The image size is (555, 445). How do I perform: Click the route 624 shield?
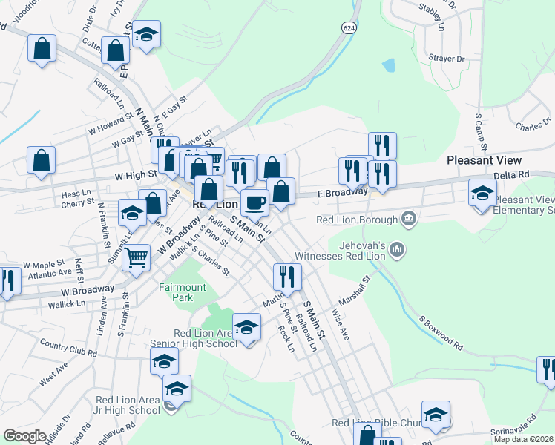point(349,27)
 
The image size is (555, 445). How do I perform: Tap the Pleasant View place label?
point(484,160)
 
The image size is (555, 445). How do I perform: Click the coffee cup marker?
point(254,202)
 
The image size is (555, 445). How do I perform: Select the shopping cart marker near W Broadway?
point(136,259)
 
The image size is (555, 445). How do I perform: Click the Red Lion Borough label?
point(357,220)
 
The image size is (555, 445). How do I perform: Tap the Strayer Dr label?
point(446,59)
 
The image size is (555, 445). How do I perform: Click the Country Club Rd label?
point(69,349)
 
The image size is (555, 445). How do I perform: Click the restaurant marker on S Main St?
point(286,277)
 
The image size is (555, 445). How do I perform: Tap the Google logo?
point(24,436)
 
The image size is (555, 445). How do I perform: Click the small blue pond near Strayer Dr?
point(388,65)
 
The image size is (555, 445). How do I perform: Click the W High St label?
point(136,175)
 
